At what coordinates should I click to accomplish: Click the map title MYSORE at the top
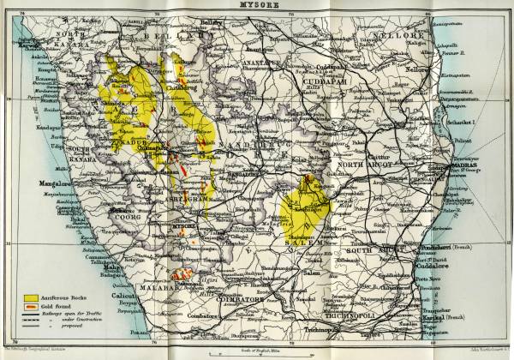pyautogui.click(x=257, y=5)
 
